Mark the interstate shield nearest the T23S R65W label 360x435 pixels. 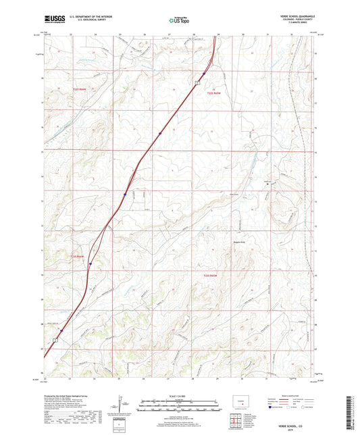click(89, 265)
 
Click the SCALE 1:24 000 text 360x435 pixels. click(180, 396)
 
